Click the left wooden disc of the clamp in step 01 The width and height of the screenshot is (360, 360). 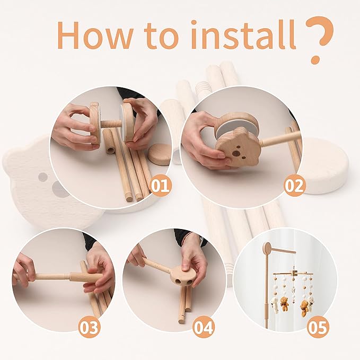tap(94, 123)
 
